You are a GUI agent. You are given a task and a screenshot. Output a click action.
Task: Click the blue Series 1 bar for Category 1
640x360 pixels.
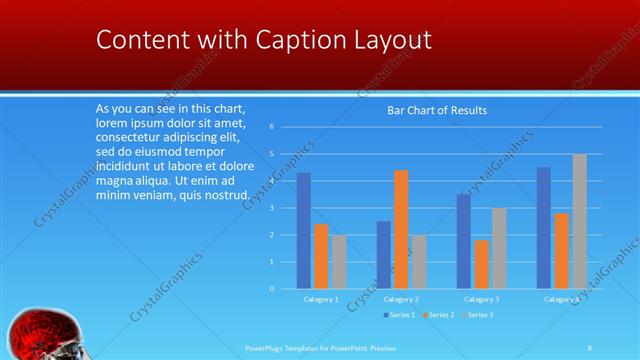[304, 231]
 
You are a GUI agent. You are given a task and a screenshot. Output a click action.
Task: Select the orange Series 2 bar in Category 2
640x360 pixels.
[401, 229]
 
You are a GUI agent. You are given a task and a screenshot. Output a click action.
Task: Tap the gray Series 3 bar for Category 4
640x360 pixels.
[579, 221]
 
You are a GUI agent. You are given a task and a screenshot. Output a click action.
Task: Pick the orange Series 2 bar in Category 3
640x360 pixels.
[481, 264]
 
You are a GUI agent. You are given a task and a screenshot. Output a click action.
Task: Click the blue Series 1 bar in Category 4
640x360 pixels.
[544, 228]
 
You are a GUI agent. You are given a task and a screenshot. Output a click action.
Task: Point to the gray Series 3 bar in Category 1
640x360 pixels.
[339, 262]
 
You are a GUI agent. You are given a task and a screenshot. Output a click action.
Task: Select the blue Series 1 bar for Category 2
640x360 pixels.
[384, 255]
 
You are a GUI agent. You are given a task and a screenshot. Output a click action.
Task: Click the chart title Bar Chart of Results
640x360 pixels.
[437, 111]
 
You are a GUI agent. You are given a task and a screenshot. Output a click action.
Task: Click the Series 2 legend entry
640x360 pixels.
[438, 315]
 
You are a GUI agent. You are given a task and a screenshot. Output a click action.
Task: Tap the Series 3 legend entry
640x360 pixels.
[478, 315]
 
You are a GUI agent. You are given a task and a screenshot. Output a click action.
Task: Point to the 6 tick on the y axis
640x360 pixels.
[272, 127]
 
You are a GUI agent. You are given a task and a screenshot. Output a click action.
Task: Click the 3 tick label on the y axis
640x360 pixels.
[272, 208]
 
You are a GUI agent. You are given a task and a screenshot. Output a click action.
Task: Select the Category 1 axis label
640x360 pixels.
[321, 299]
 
